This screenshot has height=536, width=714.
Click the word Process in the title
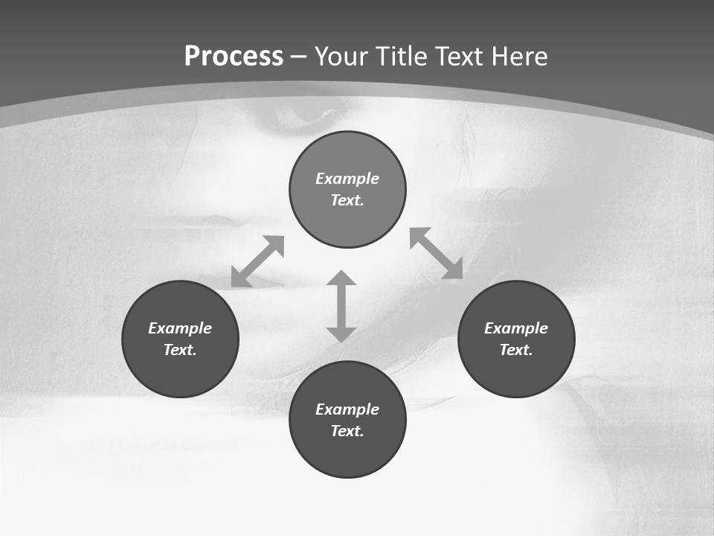(234, 57)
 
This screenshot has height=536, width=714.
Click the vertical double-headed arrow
(341, 306)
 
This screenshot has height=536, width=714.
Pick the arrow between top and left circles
(257, 261)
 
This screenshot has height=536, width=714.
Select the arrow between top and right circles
(436, 253)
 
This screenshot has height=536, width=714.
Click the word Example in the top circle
(347, 179)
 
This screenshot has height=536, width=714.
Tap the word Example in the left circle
(180, 328)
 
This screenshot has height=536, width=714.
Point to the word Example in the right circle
(516, 328)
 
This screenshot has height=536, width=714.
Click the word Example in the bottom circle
(347, 409)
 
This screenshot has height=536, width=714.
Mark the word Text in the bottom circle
(347, 431)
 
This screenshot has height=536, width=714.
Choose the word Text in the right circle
(516, 350)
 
